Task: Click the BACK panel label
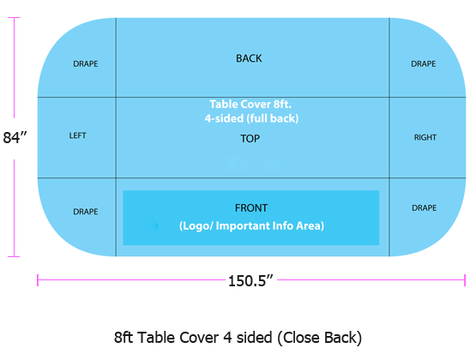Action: (x=249, y=58)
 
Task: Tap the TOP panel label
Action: (x=250, y=139)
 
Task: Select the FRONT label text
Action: (x=251, y=208)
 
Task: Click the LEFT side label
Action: (x=78, y=135)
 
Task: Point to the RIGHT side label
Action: (x=425, y=137)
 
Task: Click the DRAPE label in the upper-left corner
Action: (x=86, y=63)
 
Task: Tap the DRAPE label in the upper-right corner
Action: (x=424, y=63)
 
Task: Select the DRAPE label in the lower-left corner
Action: (x=86, y=212)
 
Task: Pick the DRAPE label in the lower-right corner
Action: (x=425, y=207)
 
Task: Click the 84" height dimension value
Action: (x=15, y=137)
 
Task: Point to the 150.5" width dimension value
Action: (x=250, y=281)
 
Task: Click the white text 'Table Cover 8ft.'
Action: (x=250, y=105)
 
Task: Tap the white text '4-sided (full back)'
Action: (x=251, y=118)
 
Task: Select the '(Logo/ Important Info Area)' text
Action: (x=251, y=226)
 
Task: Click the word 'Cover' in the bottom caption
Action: (x=199, y=338)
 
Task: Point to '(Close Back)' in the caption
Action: (x=319, y=338)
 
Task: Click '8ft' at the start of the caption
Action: (x=124, y=338)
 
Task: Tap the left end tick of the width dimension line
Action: (x=38, y=280)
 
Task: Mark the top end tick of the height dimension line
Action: (x=14, y=18)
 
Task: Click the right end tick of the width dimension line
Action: (x=465, y=280)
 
